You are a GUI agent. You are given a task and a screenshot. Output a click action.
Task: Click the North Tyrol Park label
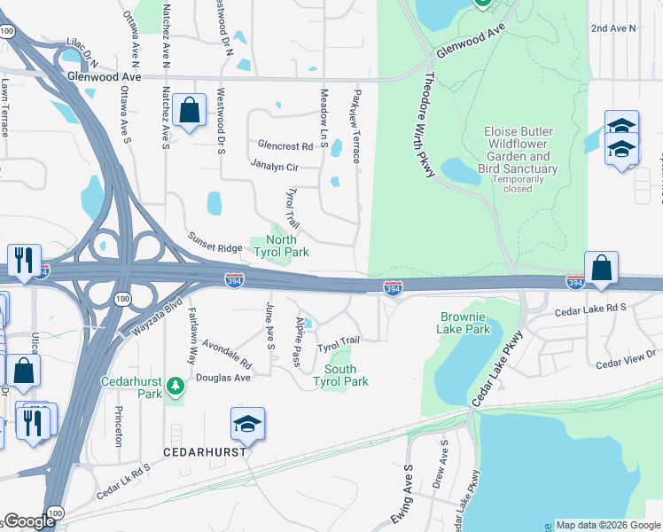coord(282,246)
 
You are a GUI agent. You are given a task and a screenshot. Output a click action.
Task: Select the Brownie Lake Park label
coord(464,323)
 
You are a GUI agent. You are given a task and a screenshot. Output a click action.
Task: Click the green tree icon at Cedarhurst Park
coord(176,385)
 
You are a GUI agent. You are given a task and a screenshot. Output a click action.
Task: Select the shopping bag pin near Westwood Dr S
coord(190,112)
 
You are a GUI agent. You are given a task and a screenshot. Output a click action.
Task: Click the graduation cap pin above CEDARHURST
coord(248,426)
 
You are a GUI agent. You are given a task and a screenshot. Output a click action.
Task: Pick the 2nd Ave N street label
coord(613,28)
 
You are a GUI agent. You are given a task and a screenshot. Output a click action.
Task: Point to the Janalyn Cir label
coord(275,166)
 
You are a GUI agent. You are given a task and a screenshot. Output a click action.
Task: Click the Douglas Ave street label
coord(230,377)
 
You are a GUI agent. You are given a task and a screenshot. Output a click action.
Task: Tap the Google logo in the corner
coord(29,521)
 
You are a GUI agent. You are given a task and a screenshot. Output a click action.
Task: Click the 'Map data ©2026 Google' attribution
coord(608,525)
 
